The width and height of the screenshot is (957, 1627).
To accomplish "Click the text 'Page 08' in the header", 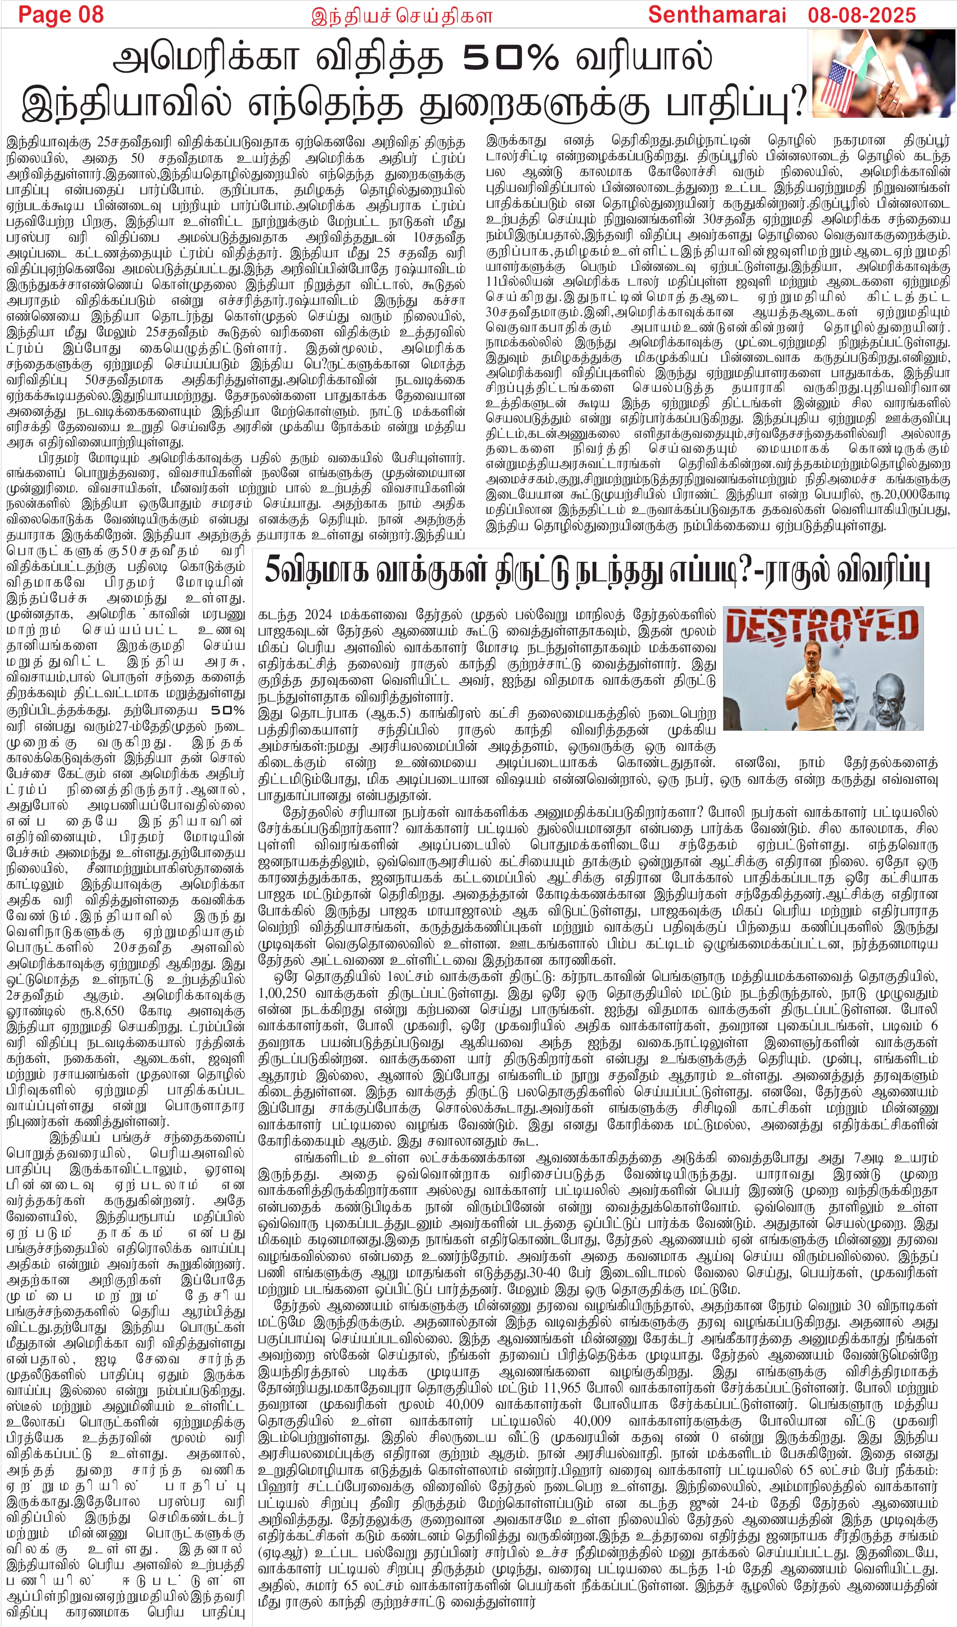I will click(x=61, y=14).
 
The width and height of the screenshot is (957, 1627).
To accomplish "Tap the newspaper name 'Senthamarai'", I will click(x=717, y=14).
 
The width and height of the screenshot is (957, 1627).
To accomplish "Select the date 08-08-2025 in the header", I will click(x=862, y=14).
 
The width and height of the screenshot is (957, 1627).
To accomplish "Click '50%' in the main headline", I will click(x=510, y=59).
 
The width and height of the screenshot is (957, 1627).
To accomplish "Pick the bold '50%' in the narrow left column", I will click(x=228, y=711).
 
